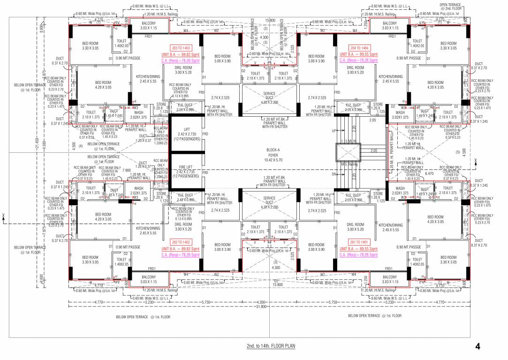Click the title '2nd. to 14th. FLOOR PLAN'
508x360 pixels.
(271, 346)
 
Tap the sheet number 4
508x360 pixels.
(478, 347)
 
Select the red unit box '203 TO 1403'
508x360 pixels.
(181, 48)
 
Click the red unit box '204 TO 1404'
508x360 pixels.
(359, 48)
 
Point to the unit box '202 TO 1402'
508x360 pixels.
(181, 242)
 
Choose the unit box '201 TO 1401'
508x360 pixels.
(359, 242)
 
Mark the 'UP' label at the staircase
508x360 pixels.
(334, 130)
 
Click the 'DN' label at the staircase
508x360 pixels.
(334, 174)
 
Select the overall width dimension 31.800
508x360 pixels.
(261, 307)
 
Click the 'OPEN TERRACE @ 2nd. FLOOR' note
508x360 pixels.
(450, 7)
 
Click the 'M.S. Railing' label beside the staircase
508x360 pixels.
(349, 164)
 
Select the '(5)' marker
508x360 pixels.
(458, 152)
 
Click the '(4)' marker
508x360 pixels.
(80, 146)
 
